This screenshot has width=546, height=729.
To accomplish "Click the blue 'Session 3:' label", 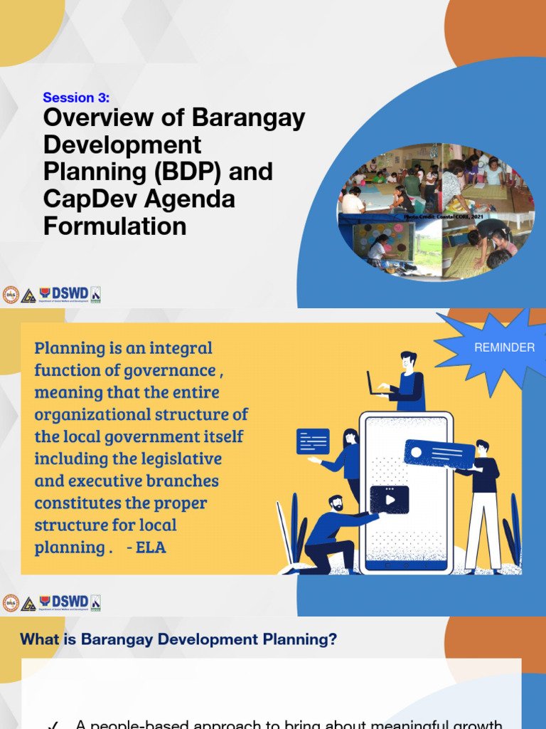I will coord(76,98).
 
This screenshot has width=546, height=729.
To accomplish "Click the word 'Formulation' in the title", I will coord(114,226).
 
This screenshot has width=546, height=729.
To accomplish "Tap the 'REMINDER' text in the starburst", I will coord(504,347).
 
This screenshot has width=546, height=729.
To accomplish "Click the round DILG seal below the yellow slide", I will coord(11,603).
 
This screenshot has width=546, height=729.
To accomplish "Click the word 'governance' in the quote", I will coord(178,371).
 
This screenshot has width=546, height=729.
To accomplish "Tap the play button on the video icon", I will coord(390,500).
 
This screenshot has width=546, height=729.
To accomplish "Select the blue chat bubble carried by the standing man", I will coord(439,453).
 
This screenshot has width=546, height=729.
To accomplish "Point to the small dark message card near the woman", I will coord(313,441).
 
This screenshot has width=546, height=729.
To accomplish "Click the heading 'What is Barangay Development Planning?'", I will coord(178,639).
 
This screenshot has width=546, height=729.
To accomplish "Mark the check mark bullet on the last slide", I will coord(53,724).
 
